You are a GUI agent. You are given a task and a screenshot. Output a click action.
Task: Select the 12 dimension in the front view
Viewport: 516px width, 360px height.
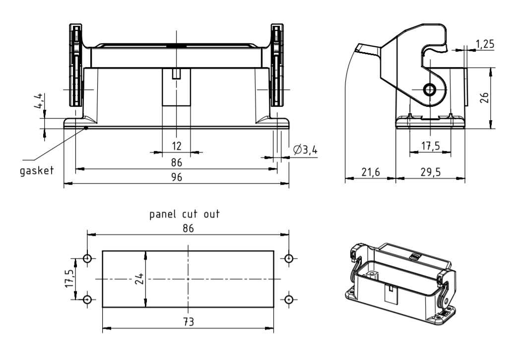click(177, 145)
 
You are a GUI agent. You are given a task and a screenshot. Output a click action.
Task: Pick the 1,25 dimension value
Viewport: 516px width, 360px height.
click(485, 44)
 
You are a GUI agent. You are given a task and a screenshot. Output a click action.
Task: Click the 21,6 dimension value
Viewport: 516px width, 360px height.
click(370, 172)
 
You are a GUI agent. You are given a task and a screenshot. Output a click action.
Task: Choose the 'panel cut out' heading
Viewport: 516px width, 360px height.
click(185, 215)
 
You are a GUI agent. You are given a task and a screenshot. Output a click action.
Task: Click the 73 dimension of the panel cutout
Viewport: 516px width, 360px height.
click(187, 322)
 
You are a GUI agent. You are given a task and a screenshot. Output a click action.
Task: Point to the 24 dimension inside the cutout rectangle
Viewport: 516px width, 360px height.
click(139, 279)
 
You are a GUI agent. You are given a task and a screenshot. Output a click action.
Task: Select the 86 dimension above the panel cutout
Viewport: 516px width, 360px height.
click(188, 228)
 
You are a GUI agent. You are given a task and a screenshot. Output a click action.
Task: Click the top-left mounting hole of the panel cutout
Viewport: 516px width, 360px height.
click(87, 259)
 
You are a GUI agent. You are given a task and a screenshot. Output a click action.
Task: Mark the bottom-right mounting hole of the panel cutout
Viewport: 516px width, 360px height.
click(289, 299)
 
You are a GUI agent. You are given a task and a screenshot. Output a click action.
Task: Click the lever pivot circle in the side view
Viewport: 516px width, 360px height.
click(429, 90)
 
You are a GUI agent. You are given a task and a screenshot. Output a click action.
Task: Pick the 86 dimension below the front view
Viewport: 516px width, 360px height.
click(177, 162)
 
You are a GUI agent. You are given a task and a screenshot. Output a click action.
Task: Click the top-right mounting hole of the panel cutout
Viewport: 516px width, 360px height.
click(289, 259)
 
